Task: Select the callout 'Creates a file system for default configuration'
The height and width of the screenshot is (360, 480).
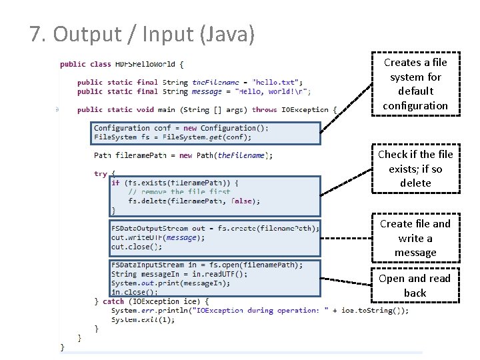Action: click(x=415, y=84)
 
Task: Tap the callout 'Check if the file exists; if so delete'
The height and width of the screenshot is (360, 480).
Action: click(x=415, y=169)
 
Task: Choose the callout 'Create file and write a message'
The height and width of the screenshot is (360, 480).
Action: click(x=415, y=238)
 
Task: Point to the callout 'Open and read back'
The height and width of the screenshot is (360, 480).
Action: click(x=415, y=285)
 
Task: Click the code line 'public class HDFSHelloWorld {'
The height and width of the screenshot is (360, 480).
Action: click(x=121, y=65)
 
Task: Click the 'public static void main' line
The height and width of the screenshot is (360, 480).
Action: click(x=207, y=109)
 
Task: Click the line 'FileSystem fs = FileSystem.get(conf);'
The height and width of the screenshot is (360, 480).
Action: click(x=173, y=137)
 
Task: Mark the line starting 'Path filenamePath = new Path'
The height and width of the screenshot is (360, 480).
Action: click(x=183, y=156)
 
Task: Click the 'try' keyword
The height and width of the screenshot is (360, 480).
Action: click(x=101, y=174)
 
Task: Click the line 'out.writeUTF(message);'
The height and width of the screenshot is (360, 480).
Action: click(x=158, y=237)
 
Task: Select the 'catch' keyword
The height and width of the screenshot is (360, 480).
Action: click(x=113, y=301)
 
